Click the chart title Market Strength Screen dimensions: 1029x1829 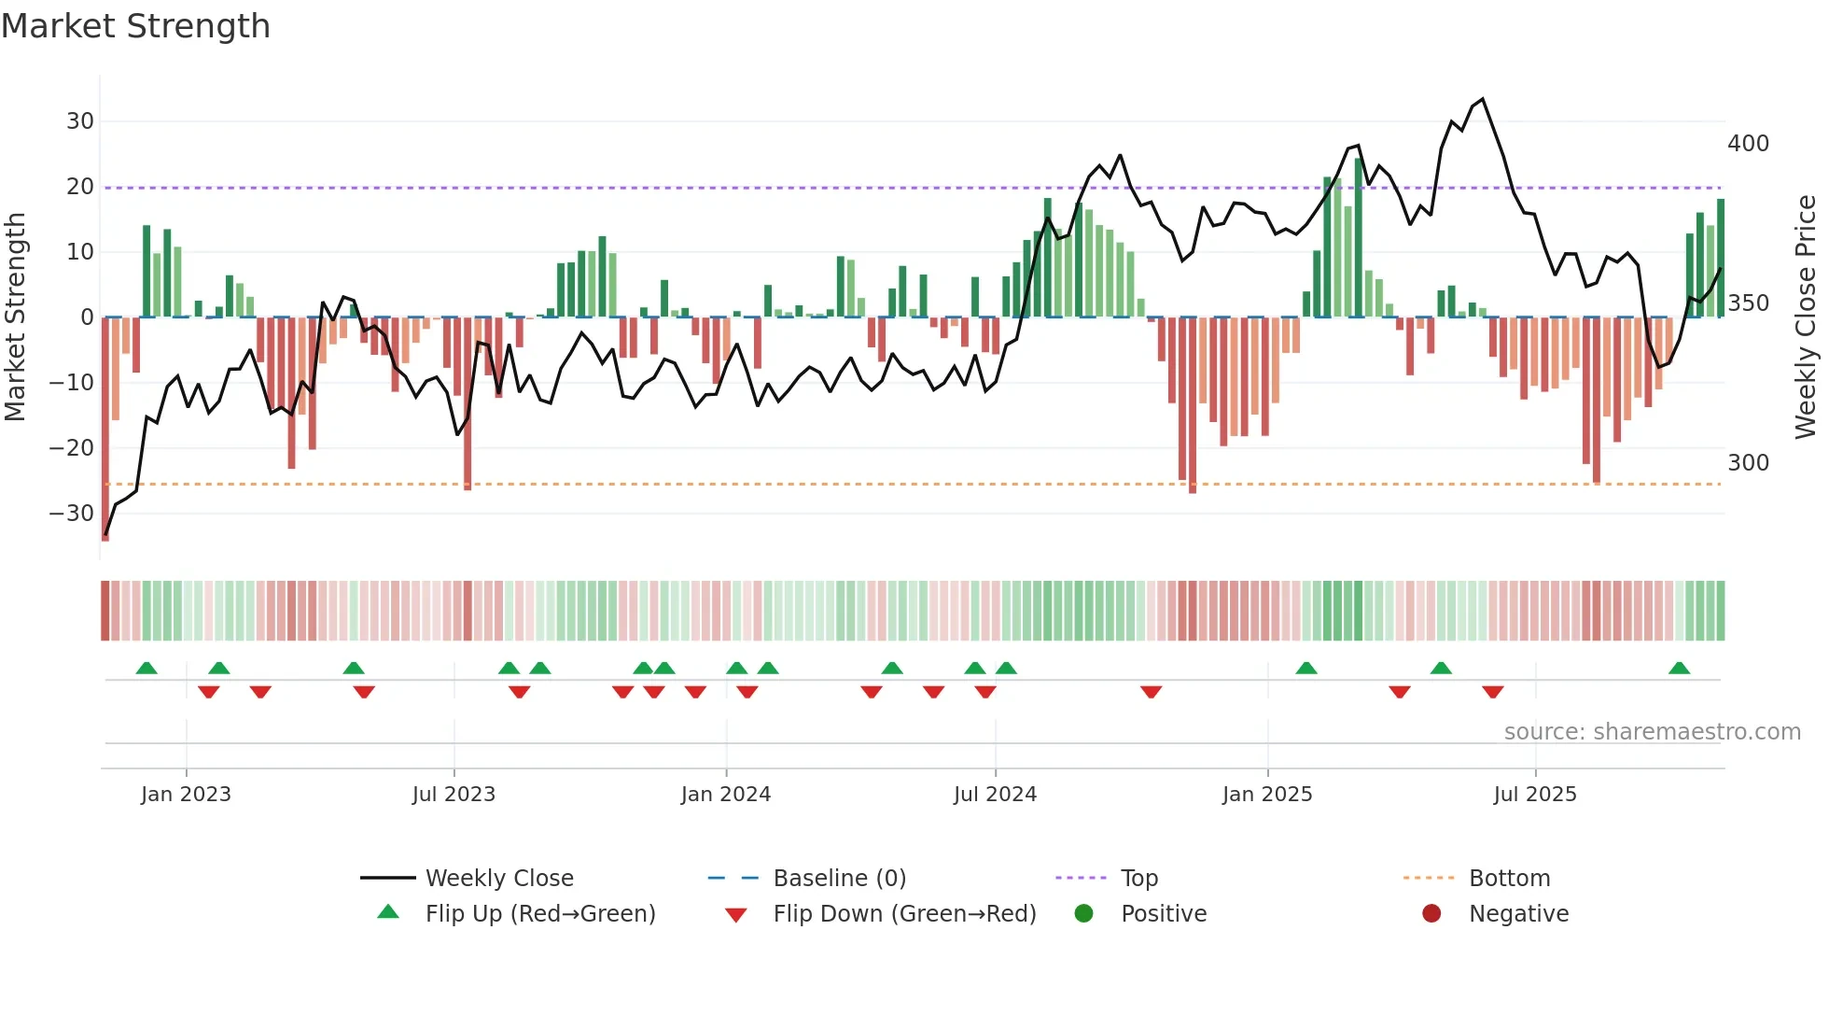pos(135,26)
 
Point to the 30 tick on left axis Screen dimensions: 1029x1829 pos(79,121)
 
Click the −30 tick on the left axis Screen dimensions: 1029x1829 pos(72,514)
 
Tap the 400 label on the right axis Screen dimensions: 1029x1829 pos(1748,144)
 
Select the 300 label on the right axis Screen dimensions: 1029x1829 pos(1748,463)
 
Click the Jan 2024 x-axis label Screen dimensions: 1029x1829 pos(725,795)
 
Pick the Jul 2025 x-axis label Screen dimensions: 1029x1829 pos(1534,795)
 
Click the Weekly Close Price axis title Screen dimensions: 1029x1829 pos(1806,317)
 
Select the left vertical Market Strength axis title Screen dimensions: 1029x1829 pos(15,317)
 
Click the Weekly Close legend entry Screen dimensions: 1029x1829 pos(498,879)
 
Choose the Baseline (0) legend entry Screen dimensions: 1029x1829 pos(839,879)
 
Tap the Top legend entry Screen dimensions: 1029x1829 pos(1138,879)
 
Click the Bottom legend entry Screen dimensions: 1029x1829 pos(1509,879)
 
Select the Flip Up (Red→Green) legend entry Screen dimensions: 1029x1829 pos(539,914)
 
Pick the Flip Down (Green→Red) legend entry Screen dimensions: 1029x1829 pos(903,914)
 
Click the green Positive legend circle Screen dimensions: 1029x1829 pos(1083,913)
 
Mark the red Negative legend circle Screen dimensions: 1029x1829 pos(1431,913)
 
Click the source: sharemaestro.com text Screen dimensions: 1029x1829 pos(1652,732)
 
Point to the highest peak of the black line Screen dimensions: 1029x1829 pos(1482,99)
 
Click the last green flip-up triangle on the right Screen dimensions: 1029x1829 pos(1679,669)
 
